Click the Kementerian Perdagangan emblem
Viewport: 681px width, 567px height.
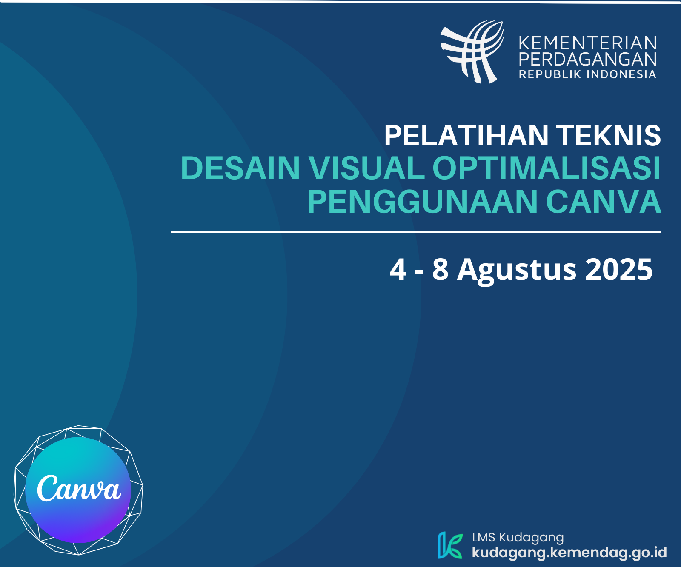(x=472, y=52)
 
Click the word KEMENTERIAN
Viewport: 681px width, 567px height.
(x=588, y=43)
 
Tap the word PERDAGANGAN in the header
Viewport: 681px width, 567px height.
(x=588, y=59)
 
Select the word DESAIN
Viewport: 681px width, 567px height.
(x=240, y=168)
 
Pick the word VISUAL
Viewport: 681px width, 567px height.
(x=366, y=168)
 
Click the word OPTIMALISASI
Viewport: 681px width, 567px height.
(x=547, y=168)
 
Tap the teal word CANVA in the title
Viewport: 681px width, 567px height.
(x=604, y=201)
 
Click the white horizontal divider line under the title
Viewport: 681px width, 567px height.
(x=416, y=232)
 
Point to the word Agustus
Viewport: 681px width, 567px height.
(x=517, y=270)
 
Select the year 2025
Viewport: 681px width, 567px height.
(x=619, y=269)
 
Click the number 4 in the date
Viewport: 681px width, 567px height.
(x=398, y=269)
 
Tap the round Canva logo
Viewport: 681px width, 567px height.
(x=78, y=490)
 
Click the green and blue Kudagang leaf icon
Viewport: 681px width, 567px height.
(x=450, y=545)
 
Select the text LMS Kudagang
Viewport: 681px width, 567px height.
(x=518, y=538)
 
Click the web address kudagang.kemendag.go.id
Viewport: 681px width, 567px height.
(x=569, y=553)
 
